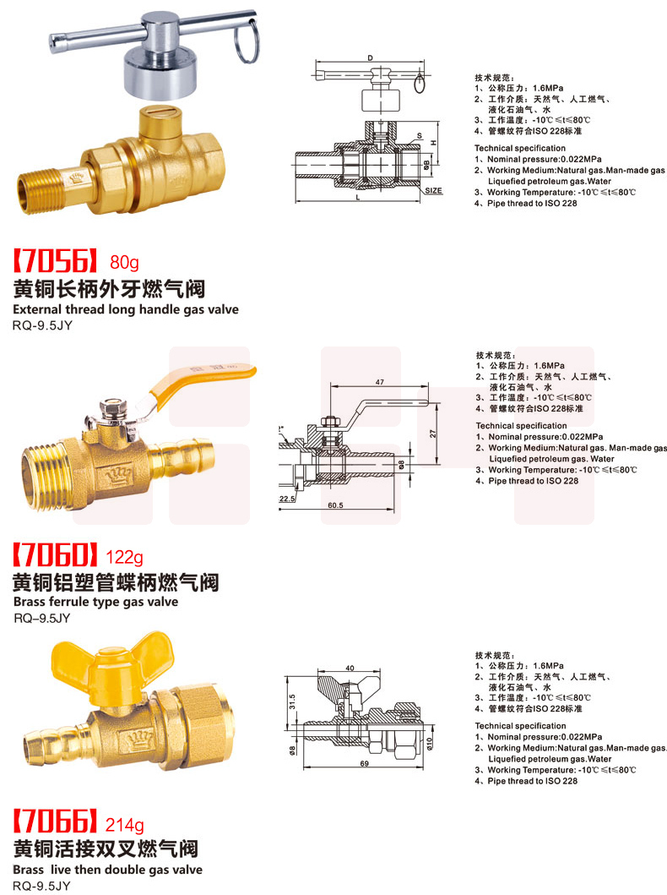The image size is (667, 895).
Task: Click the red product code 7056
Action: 55,261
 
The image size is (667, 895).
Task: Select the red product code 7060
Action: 55,554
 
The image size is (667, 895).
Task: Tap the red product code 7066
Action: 55,821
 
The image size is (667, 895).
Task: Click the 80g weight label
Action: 124,263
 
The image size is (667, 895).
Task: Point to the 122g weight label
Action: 124,556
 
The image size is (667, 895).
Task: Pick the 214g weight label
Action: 124,824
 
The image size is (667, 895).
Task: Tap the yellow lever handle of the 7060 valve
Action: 199,379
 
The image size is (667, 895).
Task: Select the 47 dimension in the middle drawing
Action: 380,382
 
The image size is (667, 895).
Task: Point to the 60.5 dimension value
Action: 335,505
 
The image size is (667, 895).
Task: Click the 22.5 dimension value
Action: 287,499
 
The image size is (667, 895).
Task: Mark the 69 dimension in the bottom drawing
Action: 364,764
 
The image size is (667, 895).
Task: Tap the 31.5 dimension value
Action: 292,702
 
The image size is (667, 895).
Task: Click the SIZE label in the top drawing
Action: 433,191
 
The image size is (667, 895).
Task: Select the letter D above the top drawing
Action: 370,57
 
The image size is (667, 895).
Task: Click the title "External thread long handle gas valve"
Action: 126,309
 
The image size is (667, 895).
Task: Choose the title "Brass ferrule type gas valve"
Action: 95,602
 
